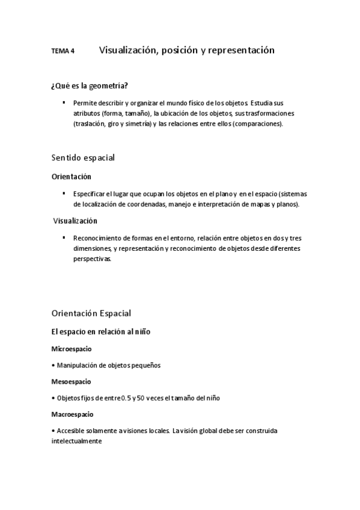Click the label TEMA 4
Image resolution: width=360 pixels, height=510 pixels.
[x=63, y=52]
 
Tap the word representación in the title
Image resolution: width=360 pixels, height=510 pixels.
[x=240, y=51]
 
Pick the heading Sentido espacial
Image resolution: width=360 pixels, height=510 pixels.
[x=83, y=158]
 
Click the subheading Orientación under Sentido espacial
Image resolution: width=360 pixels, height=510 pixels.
[x=72, y=177]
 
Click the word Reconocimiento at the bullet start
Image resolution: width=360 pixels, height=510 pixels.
[x=97, y=238]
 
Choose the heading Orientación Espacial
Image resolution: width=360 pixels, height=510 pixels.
[x=91, y=313]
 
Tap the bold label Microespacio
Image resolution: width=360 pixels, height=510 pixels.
[x=72, y=349]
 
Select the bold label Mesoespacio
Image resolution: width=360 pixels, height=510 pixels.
[x=71, y=382]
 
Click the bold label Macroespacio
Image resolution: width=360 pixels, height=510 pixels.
[x=72, y=414]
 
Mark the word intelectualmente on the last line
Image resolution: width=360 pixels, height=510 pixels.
[x=77, y=441]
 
